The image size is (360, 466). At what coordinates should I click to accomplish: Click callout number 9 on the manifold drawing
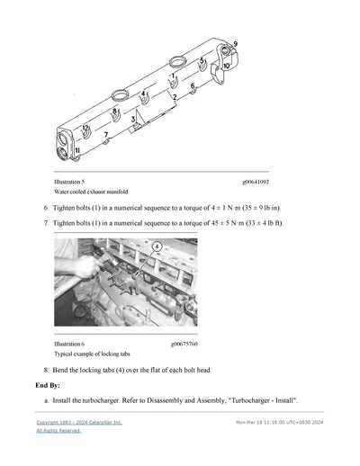tap(235, 44)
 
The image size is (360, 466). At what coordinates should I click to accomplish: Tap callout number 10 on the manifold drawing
tap(226, 66)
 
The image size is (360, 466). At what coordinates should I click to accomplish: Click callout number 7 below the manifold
tap(106, 136)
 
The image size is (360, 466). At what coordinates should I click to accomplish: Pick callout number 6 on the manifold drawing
tap(193, 86)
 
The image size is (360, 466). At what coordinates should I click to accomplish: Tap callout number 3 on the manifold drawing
tap(133, 119)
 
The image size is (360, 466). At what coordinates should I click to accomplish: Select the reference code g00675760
tap(185, 344)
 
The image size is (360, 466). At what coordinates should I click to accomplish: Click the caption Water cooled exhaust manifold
tap(91, 192)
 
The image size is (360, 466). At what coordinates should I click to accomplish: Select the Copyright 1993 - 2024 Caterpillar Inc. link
tap(79, 422)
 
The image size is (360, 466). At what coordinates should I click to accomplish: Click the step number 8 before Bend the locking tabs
tap(46, 370)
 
